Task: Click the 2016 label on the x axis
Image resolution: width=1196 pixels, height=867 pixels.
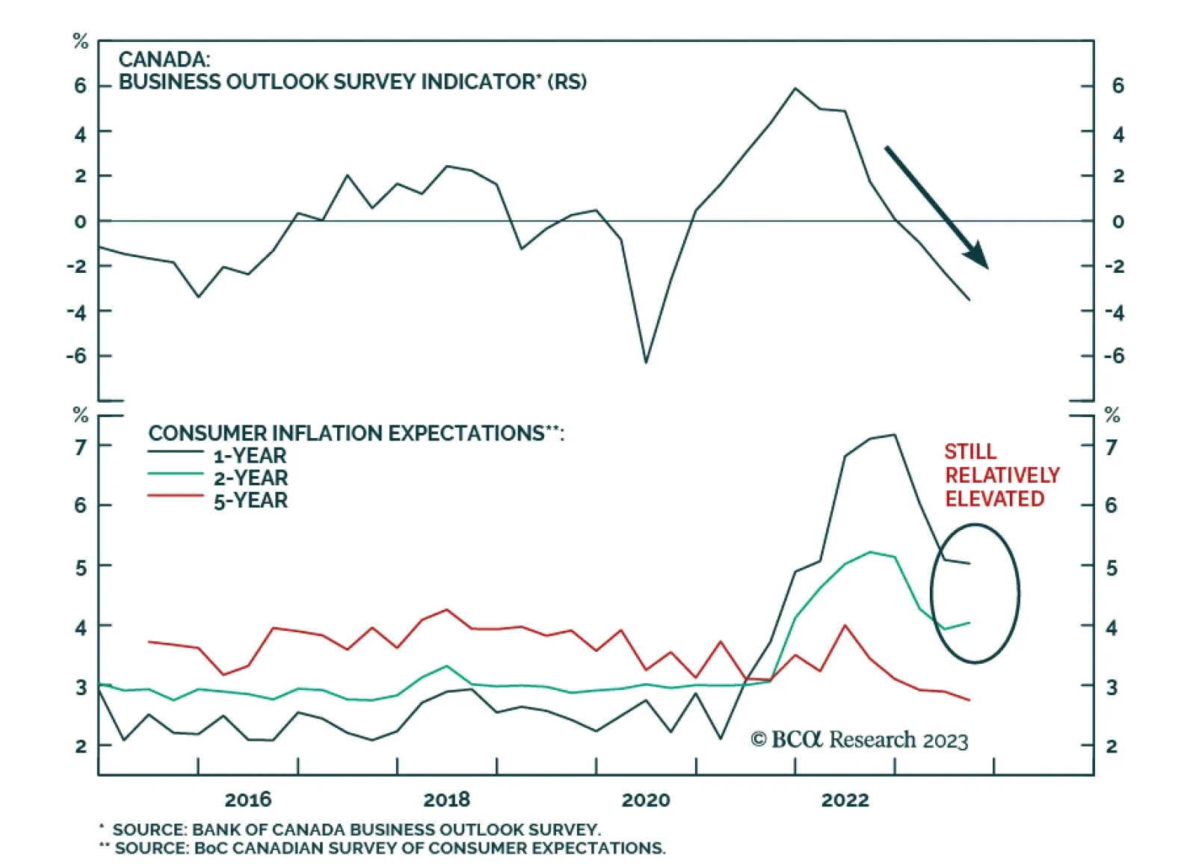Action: tap(248, 800)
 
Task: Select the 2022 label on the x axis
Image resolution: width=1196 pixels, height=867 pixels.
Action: tap(845, 800)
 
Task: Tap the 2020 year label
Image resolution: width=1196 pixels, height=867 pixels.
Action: tap(646, 800)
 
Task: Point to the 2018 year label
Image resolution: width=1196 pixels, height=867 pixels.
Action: tap(446, 800)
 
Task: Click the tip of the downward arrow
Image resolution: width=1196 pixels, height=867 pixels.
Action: tap(987, 267)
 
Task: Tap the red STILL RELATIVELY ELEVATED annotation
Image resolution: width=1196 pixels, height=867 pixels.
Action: tap(1002, 475)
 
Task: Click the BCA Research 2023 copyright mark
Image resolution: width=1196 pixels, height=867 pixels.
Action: tap(859, 740)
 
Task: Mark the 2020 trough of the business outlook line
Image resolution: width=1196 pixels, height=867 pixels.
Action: tap(646, 362)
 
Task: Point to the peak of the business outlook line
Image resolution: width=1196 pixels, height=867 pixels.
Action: tap(795, 88)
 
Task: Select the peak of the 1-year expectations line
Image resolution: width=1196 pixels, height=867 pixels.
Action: tap(894, 434)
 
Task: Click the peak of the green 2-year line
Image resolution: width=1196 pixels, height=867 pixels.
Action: tap(870, 552)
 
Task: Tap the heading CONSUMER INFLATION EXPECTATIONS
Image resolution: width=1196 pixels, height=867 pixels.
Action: tap(356, 433)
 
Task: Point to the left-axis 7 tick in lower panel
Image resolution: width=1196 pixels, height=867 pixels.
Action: tap(81, 447)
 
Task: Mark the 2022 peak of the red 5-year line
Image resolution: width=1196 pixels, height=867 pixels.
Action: tap(845, 625)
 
